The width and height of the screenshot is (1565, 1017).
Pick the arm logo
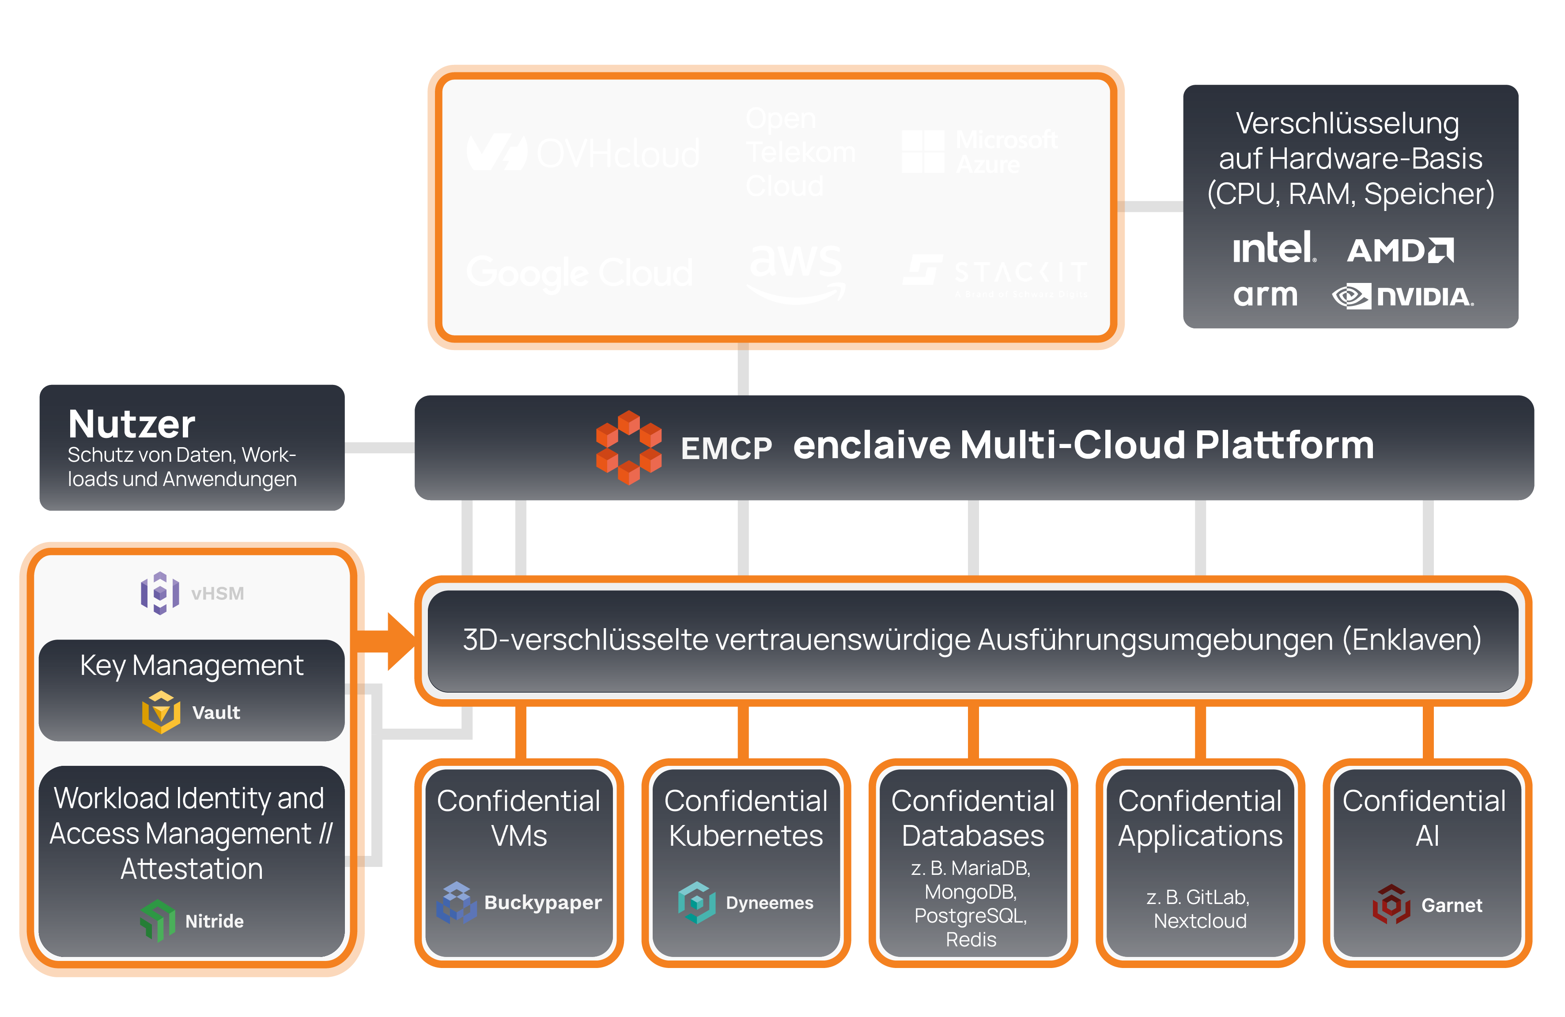(1265, 295)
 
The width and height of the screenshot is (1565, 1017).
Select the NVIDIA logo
(1402, 297)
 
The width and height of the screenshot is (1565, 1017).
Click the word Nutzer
(132, 424)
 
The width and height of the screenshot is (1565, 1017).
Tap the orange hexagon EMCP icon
(629, 448)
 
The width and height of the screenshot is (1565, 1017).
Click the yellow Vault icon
(161, 712)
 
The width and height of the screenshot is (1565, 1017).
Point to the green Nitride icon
(158, 920)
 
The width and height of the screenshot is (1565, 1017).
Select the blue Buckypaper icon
(456, 903)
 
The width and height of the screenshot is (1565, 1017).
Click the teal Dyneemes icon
(696, 903)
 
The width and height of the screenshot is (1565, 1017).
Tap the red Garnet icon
(1391, 904)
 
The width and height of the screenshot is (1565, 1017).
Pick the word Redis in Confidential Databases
(971, 939)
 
